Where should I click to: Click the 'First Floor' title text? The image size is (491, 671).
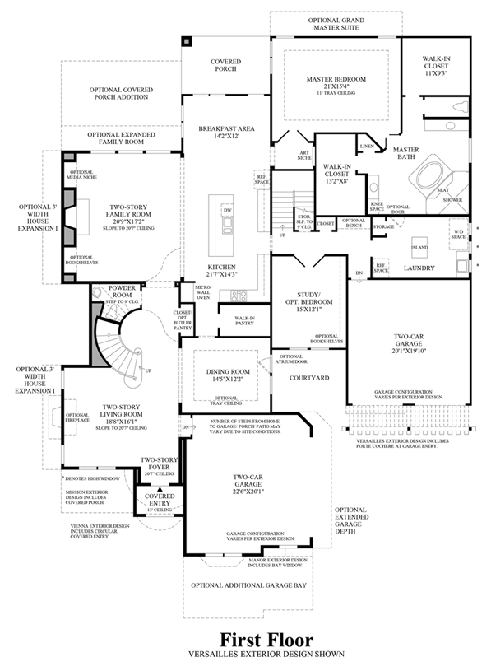266,639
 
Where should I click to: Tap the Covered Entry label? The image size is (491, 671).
160,499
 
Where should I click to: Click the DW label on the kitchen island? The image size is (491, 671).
227,210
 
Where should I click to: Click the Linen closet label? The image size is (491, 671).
367,146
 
